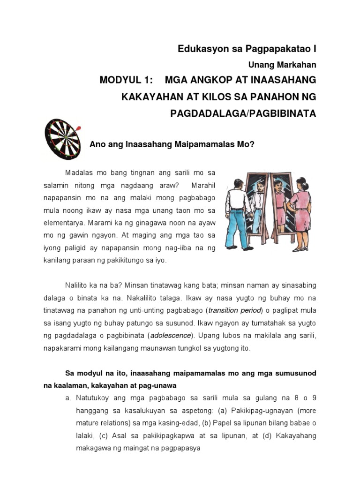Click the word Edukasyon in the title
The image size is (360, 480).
198,49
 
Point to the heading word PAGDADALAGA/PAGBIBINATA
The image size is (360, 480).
243,114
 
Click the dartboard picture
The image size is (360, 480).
62,139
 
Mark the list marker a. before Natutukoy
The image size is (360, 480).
68,398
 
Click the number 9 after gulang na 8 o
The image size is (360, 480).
314,398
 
